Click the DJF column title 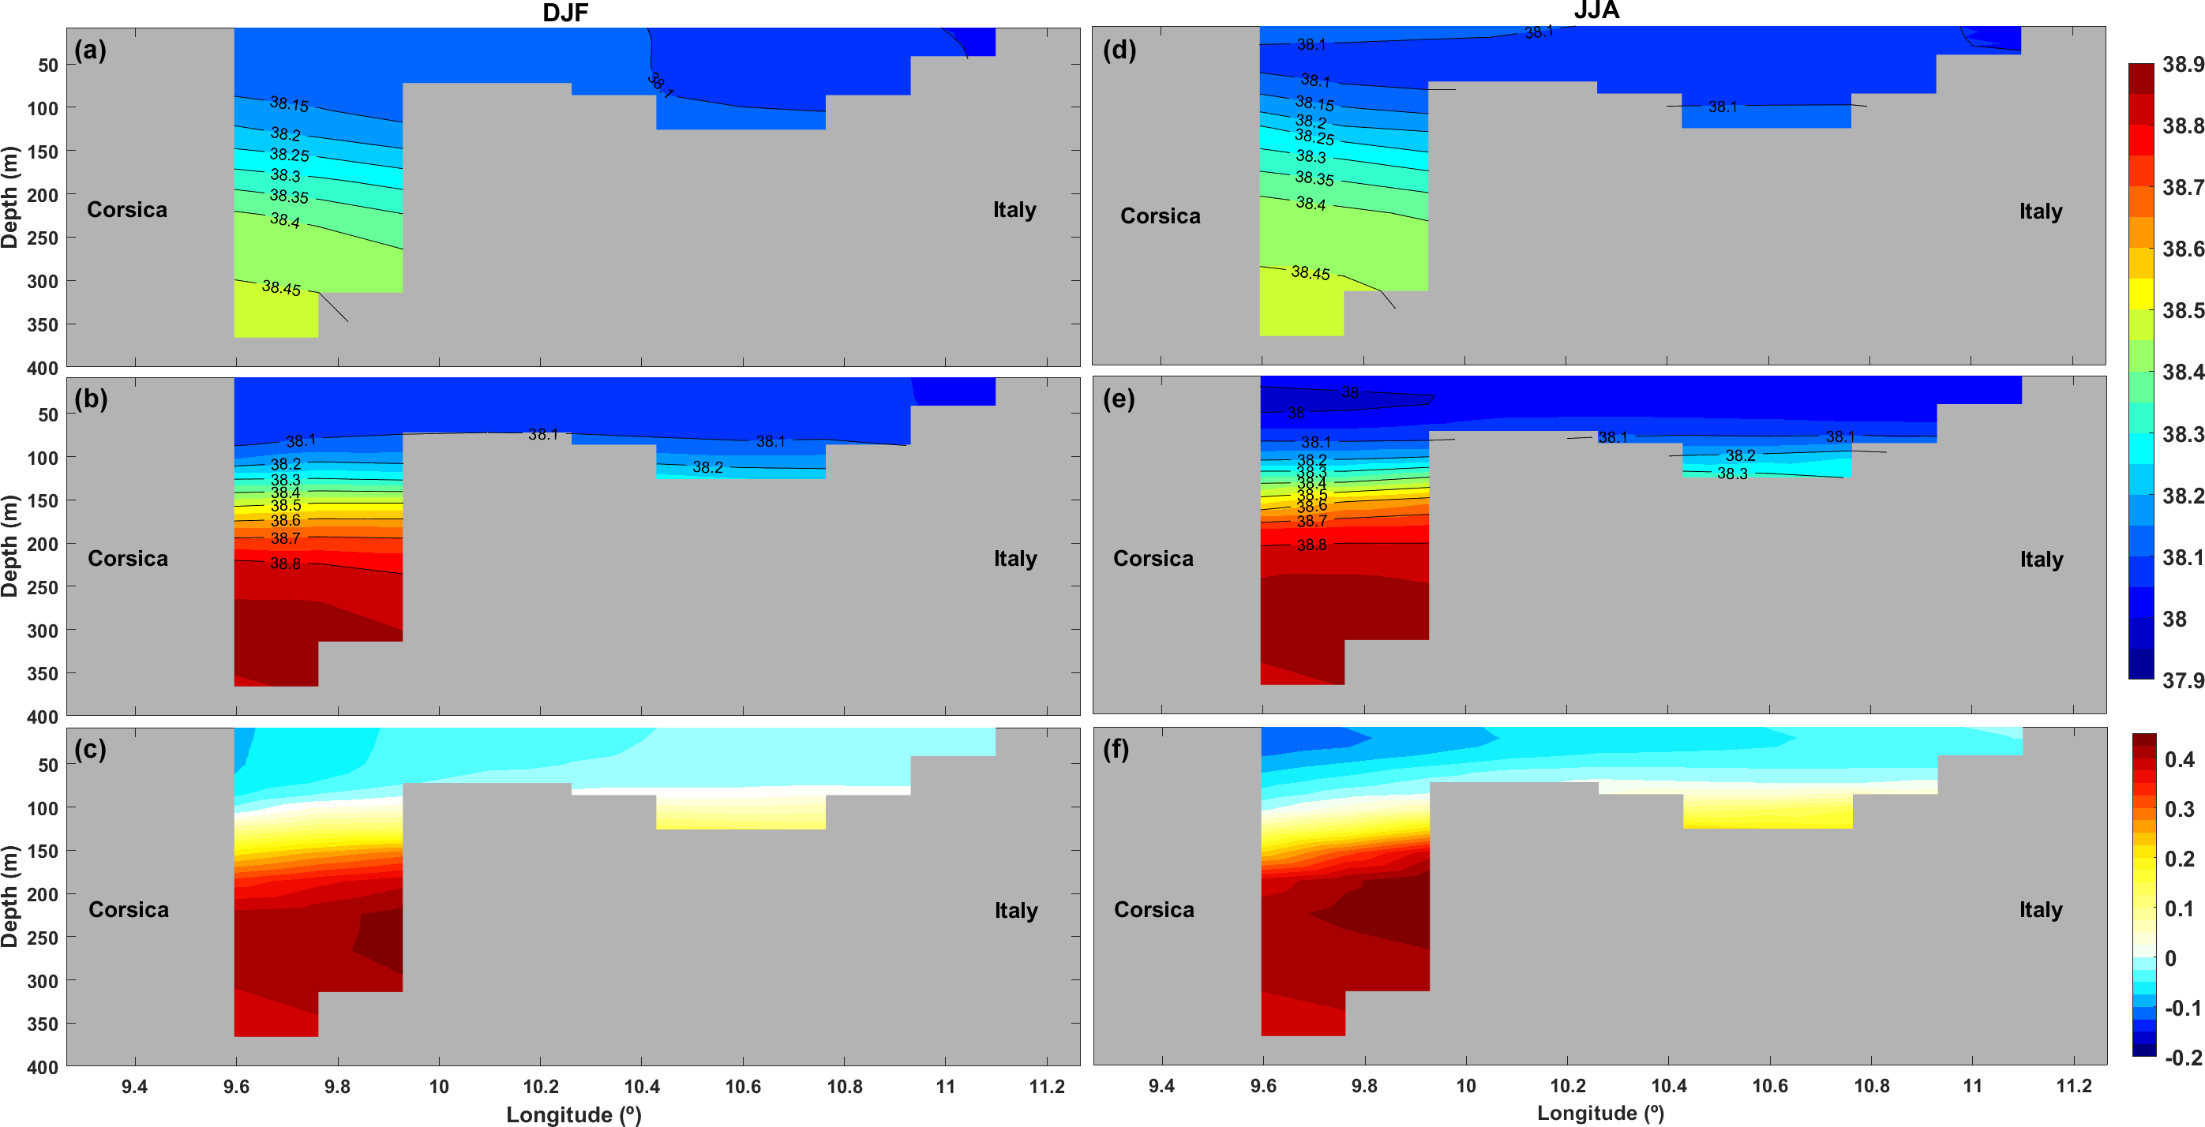pos(565,12)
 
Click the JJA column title pos(1596,10)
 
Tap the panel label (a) pos(90,50)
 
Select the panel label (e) pos(1118,399)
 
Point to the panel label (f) pos(1116,750)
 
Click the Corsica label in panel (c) pos(129,909)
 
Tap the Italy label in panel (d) pos(2041,212)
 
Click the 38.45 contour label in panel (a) pos(282,287)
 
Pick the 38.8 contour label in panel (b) pos(285,563)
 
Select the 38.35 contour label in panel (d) pos(1314,178)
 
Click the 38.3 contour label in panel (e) pos(1731,474)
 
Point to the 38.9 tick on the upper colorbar pos(2183,64)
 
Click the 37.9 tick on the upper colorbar pos(2183,680)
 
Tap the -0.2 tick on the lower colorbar pos(2183,1058)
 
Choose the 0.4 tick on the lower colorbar pos(2179,760)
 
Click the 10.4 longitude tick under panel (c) pos(641,1087)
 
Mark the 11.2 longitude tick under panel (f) pos(2073,1086)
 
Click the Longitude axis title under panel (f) pos(1599,1113)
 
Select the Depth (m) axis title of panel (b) pos(10,546)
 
